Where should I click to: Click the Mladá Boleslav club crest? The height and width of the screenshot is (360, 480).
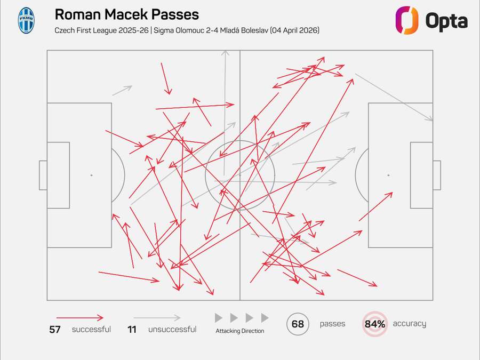[26, 20]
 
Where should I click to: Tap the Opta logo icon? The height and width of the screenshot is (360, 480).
[407, 20]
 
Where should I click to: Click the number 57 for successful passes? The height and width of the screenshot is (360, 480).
[55, 330]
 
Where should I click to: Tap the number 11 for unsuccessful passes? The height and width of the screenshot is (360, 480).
[132, 330]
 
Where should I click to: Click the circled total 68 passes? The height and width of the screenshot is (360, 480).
[298, 324]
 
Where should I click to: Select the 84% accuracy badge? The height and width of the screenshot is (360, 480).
[375, 324]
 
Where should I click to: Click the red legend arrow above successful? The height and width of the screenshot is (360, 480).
[80, 318]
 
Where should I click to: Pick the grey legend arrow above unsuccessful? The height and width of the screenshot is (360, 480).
[157, 318]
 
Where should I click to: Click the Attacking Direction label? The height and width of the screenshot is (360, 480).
[239, 331]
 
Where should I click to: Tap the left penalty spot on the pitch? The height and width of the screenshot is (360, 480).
[91, 175]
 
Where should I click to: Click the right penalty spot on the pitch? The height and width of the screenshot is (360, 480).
[388, 175]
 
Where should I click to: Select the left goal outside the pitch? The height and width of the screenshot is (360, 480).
[43, 175]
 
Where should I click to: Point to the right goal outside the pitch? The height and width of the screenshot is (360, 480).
[437, 175]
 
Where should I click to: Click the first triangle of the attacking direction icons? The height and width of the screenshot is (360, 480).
[219, 318]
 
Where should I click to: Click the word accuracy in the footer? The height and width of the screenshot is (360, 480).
[409, 324]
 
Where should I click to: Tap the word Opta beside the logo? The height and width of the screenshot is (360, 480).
[446, 21]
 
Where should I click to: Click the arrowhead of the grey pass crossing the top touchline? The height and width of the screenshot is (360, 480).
[225, 53]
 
